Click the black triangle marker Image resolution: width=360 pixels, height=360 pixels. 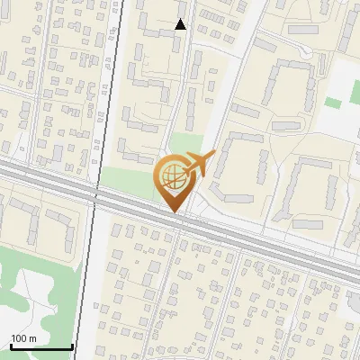(181, 24)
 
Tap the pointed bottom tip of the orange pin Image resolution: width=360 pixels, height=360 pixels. (174, 212)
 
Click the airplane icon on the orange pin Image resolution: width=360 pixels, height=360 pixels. (198, 165)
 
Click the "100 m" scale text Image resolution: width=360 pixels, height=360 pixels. (24, 337)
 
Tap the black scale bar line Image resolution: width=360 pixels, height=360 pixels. (40, 346)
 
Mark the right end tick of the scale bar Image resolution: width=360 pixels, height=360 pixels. (71, 345)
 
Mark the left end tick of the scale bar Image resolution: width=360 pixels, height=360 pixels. (10, 345)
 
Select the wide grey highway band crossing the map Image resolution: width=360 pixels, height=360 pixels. (270, 243)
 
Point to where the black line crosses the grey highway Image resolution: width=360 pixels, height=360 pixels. (96, 193)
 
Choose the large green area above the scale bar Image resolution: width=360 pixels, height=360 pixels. (36, 279)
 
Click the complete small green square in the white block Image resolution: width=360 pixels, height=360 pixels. (333, 103)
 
